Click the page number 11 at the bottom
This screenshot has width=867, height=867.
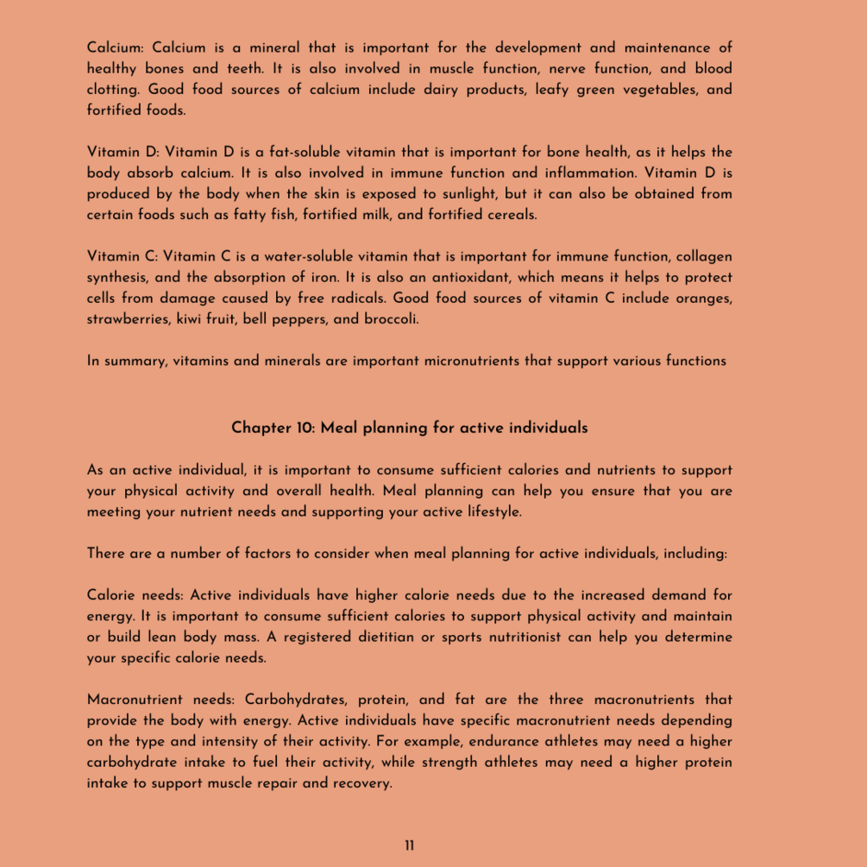click(409, 845)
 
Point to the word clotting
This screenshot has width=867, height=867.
click(114, 90)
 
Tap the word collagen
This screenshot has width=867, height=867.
click(704, 256)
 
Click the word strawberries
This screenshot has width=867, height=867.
click(128, 319)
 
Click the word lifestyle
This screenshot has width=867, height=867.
click(489, 512)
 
